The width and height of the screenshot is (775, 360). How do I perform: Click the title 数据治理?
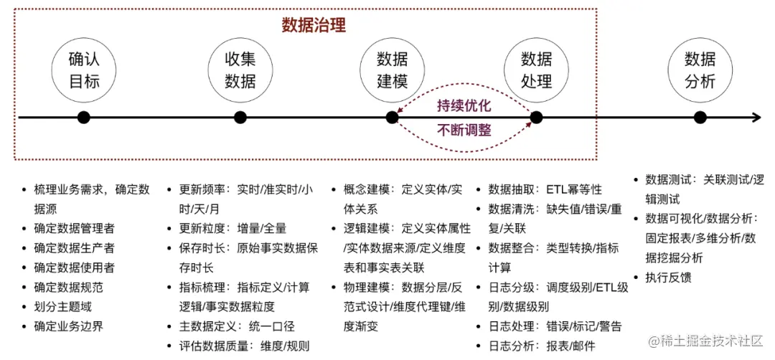pos(314,26)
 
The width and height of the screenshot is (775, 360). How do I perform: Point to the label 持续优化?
pos(464,105)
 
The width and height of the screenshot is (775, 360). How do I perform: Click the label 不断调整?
pos(464,131)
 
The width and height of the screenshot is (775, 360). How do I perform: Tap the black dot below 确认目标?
pos(84,117)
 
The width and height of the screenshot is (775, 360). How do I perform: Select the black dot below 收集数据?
pos(240,117)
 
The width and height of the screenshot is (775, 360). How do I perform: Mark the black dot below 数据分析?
pos(700,117)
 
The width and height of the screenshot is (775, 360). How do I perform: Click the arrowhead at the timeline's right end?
pos(756,117)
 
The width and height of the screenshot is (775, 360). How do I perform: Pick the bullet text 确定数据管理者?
pos(74,229)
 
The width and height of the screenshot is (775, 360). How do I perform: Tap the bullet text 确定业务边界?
pos(69,326)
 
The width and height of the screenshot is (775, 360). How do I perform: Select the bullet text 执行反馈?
pos(669,277)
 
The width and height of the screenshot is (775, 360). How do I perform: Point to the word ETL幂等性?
pos(574,189)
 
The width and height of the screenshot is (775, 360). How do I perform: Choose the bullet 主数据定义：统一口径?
pos(232,326)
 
